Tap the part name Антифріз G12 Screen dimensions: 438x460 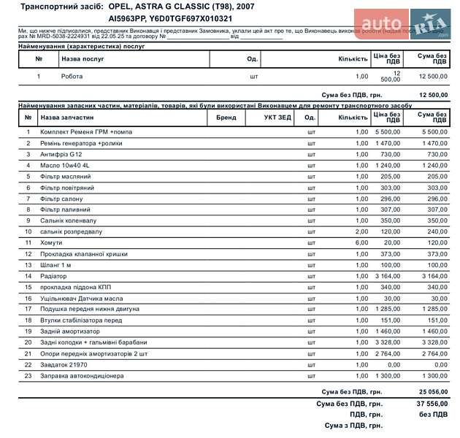tap(61, 155)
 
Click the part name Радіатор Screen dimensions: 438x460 tap(55, 276)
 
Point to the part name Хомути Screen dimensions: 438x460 tap(53, 242)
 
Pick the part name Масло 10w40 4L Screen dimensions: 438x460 tap(65, 166)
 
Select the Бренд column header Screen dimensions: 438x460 tap(226, 118)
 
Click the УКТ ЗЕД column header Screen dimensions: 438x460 tap(277, 118)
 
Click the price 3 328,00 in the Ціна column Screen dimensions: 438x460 tap(388, 342)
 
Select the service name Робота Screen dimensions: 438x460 tap(72, 76)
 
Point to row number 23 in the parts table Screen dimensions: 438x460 tap(28, 376)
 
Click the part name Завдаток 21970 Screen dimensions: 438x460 tap(64, 364)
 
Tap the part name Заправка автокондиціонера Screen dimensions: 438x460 tap(82, 376)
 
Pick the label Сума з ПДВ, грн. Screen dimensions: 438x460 tap(354, 425)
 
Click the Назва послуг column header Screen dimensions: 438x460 tap(83, 59)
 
